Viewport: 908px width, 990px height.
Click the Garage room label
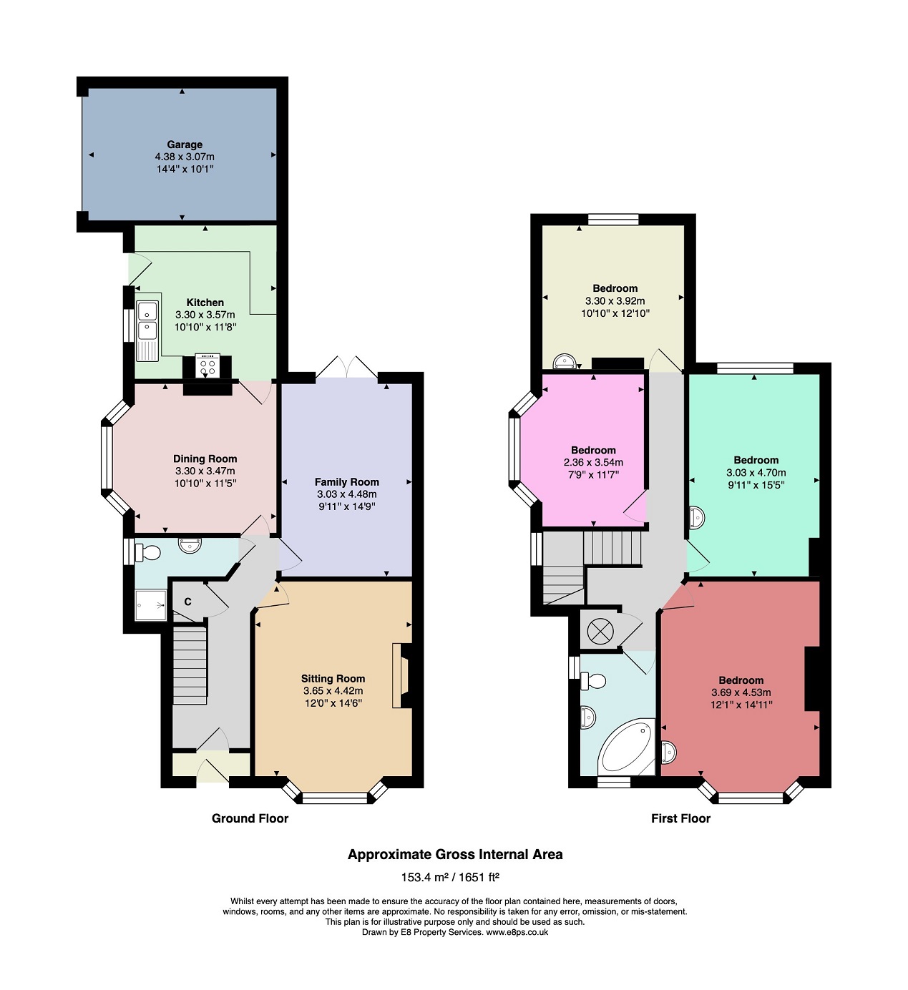[x=185, y=144]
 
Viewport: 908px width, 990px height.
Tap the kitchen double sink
[x=147, y=330]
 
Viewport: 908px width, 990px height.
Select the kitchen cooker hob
[x=208, y=366]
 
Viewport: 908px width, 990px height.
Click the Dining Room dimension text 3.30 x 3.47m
[x=205, y=471]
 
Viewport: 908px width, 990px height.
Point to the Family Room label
[x=346, y=481]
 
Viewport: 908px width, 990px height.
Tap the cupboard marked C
[x=188, y=602]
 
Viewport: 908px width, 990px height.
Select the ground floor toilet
[x=147, y=552]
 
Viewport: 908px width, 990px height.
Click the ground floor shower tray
[x=150, y=604]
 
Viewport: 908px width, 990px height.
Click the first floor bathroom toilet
[x=592, y=682]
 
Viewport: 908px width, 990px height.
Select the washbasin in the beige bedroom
[x=565, y=362]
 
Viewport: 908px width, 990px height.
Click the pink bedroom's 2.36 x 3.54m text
[x=593, y=462]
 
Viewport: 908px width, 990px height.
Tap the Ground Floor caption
[x=250, y=818]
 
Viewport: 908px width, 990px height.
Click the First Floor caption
[x=680, y=818]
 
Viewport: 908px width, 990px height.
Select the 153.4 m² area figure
[x=424, y=877]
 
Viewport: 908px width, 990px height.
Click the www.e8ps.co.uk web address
[x=517, y=932]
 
